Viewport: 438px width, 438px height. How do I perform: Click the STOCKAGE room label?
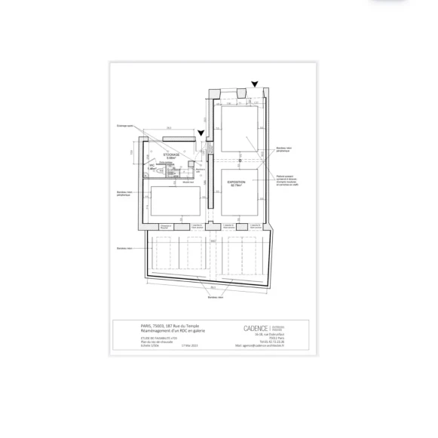(171, 154)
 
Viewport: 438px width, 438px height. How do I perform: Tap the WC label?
(151, 164)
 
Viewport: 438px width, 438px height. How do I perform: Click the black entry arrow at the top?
(256, 85)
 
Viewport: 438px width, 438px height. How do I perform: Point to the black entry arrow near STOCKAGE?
(201, 134)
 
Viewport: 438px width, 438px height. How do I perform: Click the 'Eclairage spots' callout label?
(124, 126)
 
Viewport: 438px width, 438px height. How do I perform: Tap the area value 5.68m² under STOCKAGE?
(171, 158)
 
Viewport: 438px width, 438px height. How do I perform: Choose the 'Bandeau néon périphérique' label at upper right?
(283, 150)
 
